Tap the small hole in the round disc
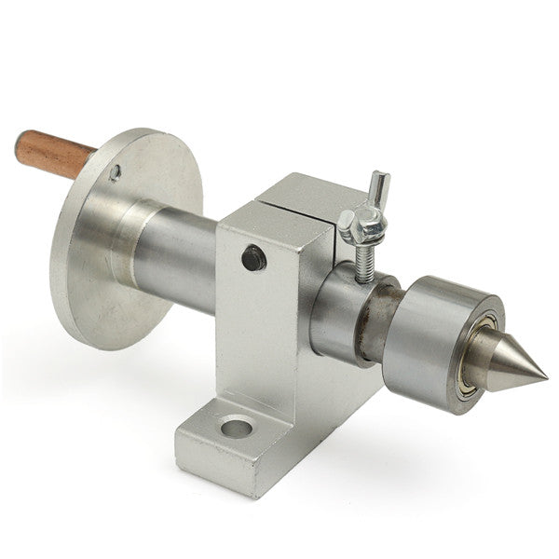pos(115,172)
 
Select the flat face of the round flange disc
pos(84,279)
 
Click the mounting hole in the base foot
pos(238,429)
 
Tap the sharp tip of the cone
pos(542,377)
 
